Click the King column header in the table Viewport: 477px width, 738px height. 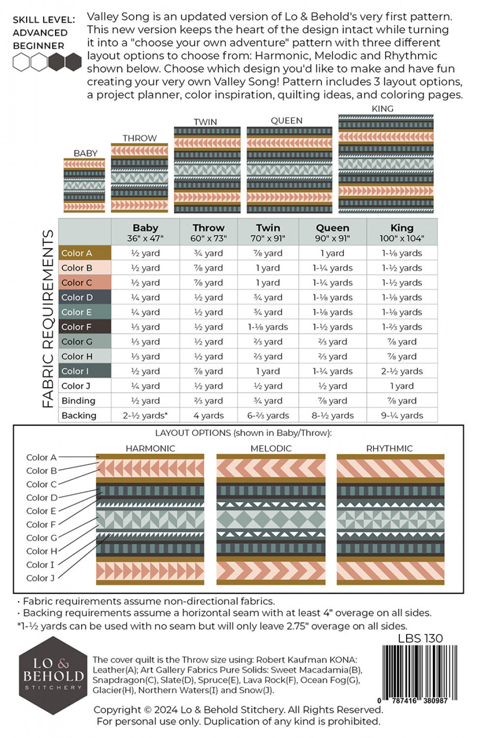point(402,232)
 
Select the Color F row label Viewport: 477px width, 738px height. point(76,327)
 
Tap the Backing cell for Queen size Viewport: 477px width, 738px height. point(332,415)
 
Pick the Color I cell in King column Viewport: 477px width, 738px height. point(402,371)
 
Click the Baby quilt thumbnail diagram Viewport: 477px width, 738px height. point(84,185)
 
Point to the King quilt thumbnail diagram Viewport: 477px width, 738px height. point(386,164)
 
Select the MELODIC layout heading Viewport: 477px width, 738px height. point(271,448)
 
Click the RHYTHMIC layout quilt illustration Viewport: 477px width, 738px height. point(390,519)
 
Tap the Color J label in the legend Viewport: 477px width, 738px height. point(40,578)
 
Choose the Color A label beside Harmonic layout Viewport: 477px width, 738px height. point(41,458)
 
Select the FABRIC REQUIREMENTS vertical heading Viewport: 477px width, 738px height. point(48,318)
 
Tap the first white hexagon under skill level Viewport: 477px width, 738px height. point(21,62)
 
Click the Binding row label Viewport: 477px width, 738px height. point(79,400)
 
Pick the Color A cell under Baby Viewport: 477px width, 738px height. point(145,253)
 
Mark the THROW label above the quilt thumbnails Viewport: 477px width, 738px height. point(140,138)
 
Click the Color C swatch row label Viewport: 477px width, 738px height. point(76,282)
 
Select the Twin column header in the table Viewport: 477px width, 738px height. point(268,232)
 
